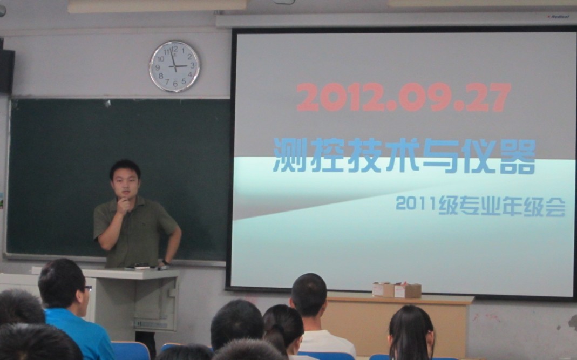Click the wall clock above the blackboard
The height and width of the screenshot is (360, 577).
[174, 66]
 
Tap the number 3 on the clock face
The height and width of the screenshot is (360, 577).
[192, 65]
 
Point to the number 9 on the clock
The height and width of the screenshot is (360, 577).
[158, 67]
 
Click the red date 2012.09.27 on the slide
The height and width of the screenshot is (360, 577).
[403, 97]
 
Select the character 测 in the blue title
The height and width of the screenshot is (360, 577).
[290, 155]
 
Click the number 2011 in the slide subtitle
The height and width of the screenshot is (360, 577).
[417, 203]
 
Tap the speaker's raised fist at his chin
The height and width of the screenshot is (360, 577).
[123, 205]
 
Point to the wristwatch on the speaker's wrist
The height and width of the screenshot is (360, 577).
[165, 262]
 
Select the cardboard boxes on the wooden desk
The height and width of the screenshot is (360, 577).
[396, 290]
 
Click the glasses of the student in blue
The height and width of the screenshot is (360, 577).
[87, 288]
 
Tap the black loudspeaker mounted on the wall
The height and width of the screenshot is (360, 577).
[7, 71]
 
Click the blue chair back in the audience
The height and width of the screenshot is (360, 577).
[130, 351]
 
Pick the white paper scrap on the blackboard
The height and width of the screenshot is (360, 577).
[107, 104]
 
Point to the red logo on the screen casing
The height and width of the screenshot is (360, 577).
[558, 17]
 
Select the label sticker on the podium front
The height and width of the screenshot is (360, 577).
[151, 324]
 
